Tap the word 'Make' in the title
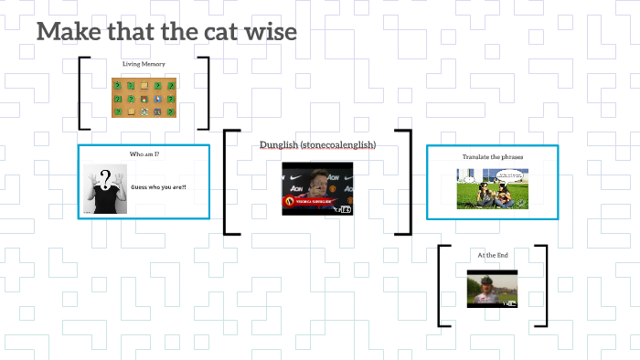(67, 32)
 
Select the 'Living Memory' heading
(144, 64)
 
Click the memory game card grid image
(144, 98)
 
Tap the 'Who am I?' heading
(144, 154)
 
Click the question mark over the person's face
(106, 177)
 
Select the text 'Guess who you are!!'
(158, 187)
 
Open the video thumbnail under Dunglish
(316, 188)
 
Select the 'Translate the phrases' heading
(492, 157)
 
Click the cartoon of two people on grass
(492, 189)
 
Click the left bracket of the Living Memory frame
(82, 93)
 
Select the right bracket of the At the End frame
(544, 285)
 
